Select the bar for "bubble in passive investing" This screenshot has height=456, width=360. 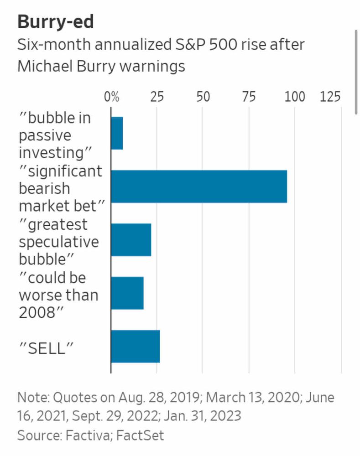117,133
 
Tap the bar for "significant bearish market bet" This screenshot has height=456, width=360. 199,186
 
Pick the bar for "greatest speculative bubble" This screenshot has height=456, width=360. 131,239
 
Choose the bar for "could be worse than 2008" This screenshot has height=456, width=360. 127,293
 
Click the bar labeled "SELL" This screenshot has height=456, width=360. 135,346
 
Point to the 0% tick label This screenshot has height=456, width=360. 112,97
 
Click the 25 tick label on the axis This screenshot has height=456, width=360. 157,97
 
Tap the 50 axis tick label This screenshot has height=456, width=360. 203,97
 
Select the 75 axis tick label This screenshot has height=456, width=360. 249,97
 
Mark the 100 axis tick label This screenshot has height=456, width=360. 295,97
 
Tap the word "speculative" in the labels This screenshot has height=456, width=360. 59,242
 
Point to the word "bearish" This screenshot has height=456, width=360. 44,188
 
